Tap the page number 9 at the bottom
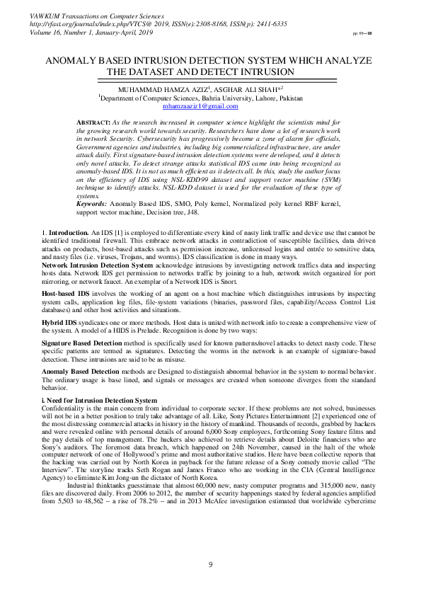coord(210,563)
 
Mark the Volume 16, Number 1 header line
coord(86,32)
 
